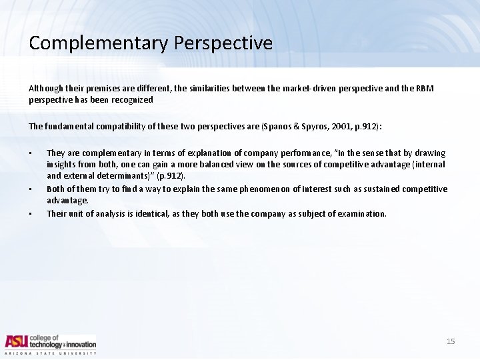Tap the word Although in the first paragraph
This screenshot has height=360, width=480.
click(44, 89)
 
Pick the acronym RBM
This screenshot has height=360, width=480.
click(424, 89)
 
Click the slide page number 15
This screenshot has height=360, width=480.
click(451, 341)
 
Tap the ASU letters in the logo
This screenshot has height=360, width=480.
click(17, 341)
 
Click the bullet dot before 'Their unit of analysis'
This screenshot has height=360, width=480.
click(31, 214)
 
